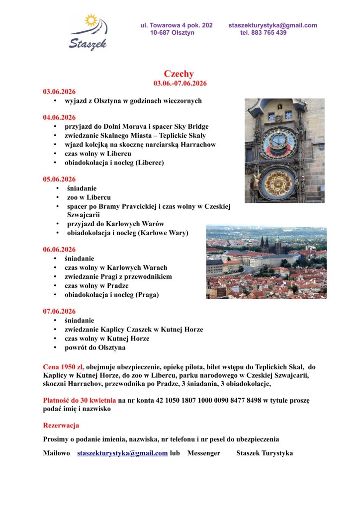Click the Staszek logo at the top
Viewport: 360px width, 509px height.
[89, 32]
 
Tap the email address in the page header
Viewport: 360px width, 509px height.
[272, 25]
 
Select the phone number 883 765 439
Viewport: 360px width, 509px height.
[270, 33]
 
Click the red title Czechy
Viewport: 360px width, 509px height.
[179, 74]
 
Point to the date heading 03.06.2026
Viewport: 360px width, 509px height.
[59, 91]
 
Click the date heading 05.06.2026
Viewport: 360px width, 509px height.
[59, 179]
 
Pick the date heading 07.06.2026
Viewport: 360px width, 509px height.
[59, 312]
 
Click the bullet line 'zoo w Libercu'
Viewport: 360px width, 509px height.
[89, 197]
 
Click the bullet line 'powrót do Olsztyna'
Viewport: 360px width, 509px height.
[95, 347]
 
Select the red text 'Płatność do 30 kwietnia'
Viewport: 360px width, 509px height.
[80, 400]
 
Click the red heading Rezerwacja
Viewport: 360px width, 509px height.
[61, 425]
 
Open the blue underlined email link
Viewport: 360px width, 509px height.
[122, 453]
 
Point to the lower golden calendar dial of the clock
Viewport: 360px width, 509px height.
[278, 182]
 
